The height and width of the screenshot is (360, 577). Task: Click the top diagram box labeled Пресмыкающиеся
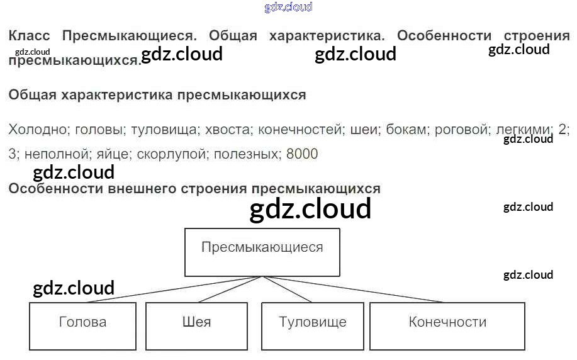[262, 252]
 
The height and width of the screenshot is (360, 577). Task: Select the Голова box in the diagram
[82, 326]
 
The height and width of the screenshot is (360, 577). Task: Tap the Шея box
[197, 326]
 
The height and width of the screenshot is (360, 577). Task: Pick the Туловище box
[313, 326]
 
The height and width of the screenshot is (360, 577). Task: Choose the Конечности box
[447, 326]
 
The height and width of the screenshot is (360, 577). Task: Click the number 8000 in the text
[302, 154]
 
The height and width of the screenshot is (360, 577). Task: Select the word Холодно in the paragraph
[38, 130]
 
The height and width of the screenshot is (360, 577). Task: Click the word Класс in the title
[29, 36]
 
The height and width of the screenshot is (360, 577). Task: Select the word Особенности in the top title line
[444, 36]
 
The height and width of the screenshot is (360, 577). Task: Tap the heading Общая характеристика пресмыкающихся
[157, 96]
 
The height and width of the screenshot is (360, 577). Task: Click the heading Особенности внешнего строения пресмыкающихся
[194, 189]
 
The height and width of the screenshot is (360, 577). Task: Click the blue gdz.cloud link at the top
[288, 8]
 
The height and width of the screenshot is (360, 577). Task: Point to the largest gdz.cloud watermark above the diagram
[310, 209]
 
